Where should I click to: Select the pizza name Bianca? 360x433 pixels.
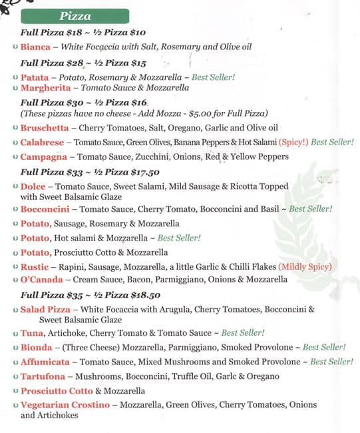[35, 47]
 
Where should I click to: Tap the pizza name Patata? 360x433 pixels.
[35, 77]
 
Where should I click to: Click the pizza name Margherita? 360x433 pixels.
[45, 87]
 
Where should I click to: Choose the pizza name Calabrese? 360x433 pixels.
[43, 142]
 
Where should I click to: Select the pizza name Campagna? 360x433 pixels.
[44, 157]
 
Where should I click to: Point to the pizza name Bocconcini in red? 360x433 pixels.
[47, 209]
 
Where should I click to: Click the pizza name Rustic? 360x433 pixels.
[35, 266]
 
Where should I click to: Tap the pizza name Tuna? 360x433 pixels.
[32, 332]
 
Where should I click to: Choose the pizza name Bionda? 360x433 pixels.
[37, 347]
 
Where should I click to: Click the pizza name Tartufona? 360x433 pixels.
[45, 376]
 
